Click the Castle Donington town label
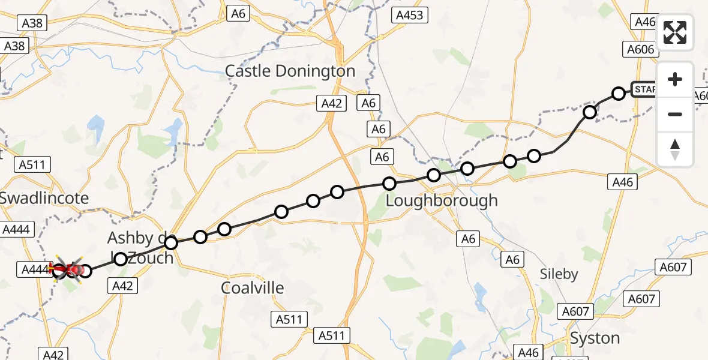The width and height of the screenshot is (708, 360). pos(290,71)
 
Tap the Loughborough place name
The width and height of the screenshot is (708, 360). pos(441,200)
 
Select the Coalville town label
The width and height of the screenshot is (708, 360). pos(252,288)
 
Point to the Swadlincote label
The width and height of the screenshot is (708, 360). pos(44,198)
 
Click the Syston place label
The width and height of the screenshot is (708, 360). pos(595,338)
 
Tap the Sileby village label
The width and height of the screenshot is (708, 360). pos(559,274)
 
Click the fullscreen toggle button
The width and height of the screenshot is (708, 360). pos(675,32)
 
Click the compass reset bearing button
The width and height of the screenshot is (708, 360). pos(675,149)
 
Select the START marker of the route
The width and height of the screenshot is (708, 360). pos(645,89)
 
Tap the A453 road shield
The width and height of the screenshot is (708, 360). pos(410,16)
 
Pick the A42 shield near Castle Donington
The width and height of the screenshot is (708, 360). pos(331,104)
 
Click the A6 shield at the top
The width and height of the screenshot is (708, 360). pos(238,14)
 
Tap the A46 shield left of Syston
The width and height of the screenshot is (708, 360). pos(528,353)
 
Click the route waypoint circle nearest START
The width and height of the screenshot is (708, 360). pos(618,93)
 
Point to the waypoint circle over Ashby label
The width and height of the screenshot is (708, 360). pos(171,242)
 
